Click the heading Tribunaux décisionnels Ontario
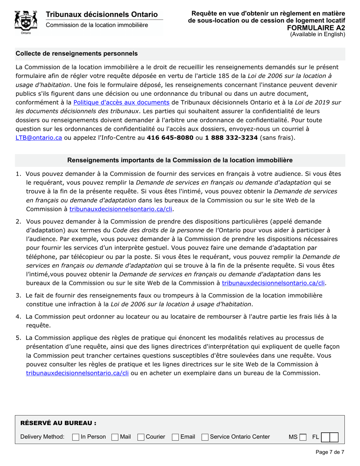click(x=102, y=14)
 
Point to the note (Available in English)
click(x=318, y=34)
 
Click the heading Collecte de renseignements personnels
click(x=77, y=53)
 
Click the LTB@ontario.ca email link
click(x=39, y=138)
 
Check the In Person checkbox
click(x=76, y=437)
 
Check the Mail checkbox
click(x=115, y=437)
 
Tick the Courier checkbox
click(x=141, y=437)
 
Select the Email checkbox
click(x=175, y=437)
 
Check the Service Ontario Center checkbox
click(x=205, y=437)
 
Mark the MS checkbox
click(x=302, y=437)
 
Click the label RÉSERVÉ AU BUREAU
click(x=58, y=423)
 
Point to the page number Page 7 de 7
click(x=330, y=452)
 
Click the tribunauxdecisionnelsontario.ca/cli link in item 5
click(x=77, y=373)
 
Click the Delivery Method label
click(x=42, y=437)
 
